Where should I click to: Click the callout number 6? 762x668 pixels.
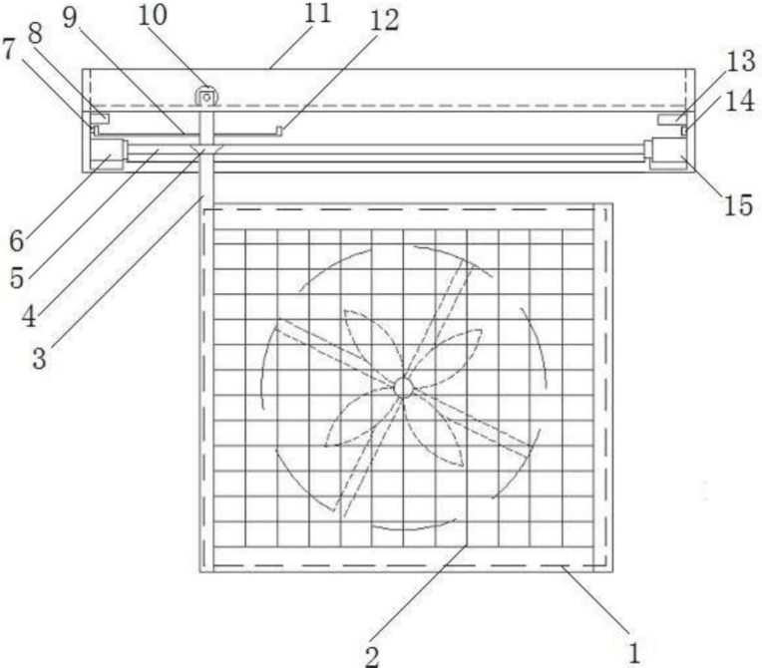(17, 240)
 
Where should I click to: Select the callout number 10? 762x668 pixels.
(160, 18)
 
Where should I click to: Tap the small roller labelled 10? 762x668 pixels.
(206, 97)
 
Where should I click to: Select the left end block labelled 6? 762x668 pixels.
(107, 155)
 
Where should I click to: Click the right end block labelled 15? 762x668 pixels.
(668, 155)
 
